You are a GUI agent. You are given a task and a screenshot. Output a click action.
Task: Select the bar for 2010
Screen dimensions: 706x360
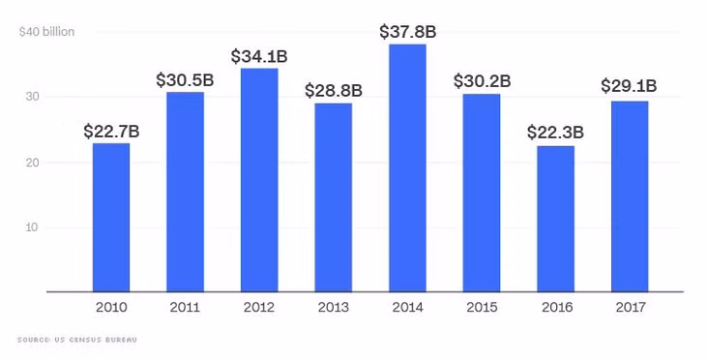(111, 218)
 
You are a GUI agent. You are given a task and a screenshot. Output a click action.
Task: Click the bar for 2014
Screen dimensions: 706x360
(407, 168)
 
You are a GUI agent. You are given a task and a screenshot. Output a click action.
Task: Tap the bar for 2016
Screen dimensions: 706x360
(556, 219)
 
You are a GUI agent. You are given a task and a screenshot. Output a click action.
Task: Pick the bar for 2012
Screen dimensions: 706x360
(259, 180)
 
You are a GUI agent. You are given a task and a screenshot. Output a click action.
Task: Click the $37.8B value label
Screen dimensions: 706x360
(407, 32)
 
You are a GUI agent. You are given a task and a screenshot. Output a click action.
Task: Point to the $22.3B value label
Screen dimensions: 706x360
(556, 133)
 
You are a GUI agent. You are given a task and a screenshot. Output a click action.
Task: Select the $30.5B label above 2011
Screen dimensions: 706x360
(185, 80)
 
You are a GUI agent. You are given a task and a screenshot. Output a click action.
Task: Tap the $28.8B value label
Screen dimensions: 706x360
(334, 91)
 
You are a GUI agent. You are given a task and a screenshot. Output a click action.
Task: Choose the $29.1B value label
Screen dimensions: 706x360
(629, 85)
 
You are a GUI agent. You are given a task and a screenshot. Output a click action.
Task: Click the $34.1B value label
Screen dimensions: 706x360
(259, 56)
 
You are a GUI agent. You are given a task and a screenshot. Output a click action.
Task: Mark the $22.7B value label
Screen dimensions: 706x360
(111, 132)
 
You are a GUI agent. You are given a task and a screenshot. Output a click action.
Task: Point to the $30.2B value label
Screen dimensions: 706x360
(482, 81)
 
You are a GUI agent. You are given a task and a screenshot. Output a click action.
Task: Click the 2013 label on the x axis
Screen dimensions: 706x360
(334, 308)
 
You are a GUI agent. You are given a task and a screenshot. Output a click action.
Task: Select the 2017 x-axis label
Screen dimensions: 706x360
(631, 308)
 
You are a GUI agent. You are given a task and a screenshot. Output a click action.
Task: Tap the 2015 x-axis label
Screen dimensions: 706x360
(482, 308)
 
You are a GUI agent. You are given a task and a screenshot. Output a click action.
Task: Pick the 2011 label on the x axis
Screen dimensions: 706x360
(185, 308)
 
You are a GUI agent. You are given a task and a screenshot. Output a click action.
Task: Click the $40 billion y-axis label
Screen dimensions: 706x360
(46, 32)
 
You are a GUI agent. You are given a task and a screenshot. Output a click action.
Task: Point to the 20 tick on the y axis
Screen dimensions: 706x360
(32, 163)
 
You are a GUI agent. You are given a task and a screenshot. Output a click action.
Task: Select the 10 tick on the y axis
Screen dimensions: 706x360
(32, 227)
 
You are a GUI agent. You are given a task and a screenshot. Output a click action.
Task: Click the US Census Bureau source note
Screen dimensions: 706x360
(77, 340)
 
